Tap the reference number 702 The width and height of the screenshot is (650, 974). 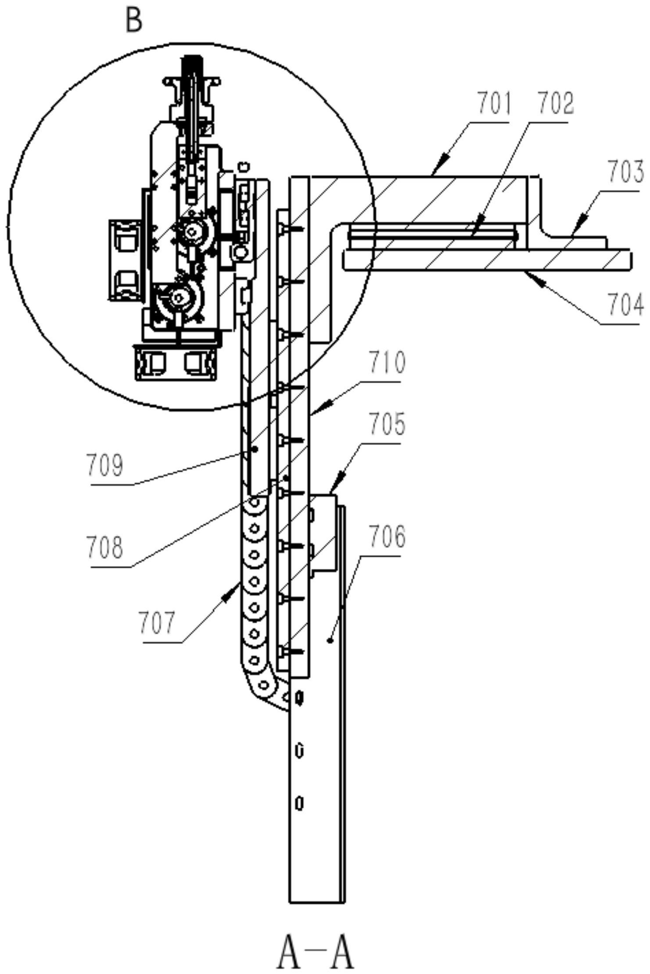tap(556, 104)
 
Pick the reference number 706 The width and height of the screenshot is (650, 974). tap(387, 536)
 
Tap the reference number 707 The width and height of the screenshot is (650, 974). tap(157, 623)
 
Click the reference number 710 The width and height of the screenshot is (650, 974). tap(387, 363)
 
